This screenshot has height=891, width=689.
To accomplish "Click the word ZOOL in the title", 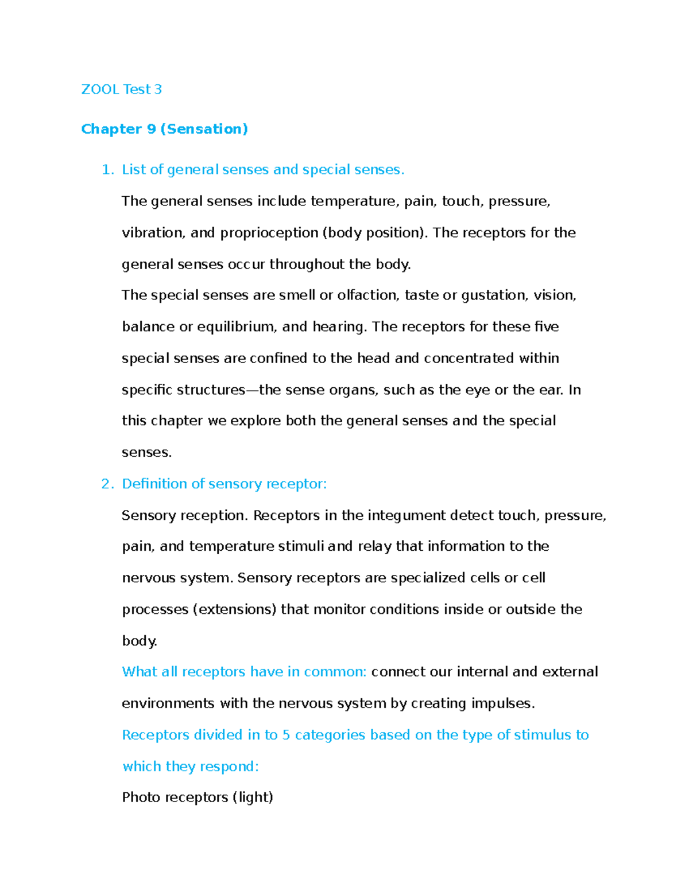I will tap(100, 90).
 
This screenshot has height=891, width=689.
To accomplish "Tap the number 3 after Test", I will tap(158, 90).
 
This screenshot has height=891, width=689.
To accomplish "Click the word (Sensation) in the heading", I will tap(204, 129).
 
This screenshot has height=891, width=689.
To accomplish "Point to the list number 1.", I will tap(107, 170).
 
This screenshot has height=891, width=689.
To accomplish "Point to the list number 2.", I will tap(107, 484).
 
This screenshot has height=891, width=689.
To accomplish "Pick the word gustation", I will tap(493, 295).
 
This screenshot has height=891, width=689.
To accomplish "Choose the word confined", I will tap(279, 359).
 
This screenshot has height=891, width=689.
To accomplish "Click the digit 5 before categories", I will tap(286, 735).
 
